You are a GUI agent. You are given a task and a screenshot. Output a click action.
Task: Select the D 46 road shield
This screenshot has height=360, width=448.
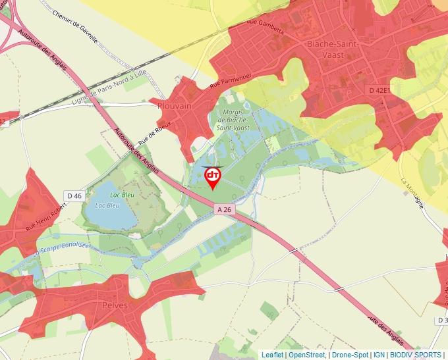click(x=74, y=195)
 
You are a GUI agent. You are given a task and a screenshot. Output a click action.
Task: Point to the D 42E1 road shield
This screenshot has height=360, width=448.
click(x=379, y=90)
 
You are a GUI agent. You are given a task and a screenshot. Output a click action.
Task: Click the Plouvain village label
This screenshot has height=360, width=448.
click(x=175, y=105)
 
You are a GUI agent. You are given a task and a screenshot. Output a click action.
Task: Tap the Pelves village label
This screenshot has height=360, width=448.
click(x=115, y=305)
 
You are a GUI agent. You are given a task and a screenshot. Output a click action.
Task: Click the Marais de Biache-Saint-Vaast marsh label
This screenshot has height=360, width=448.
click(x=231, y=120)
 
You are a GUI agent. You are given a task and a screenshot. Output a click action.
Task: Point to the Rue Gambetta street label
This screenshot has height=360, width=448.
click(x=265, y=26)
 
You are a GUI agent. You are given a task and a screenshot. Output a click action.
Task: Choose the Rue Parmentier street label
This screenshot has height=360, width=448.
click(x=231, y=82)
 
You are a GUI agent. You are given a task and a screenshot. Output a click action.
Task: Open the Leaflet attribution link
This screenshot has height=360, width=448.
click(x=272, y=355)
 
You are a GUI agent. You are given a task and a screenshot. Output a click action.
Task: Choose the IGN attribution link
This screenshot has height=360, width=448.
click(x=379, y=355)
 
